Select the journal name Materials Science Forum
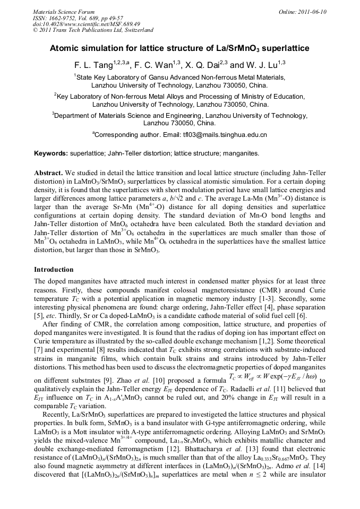tap(64, 11)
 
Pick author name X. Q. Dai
tap(204, 66)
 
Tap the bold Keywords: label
tap(51, 153)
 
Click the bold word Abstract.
tap(48, 173)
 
